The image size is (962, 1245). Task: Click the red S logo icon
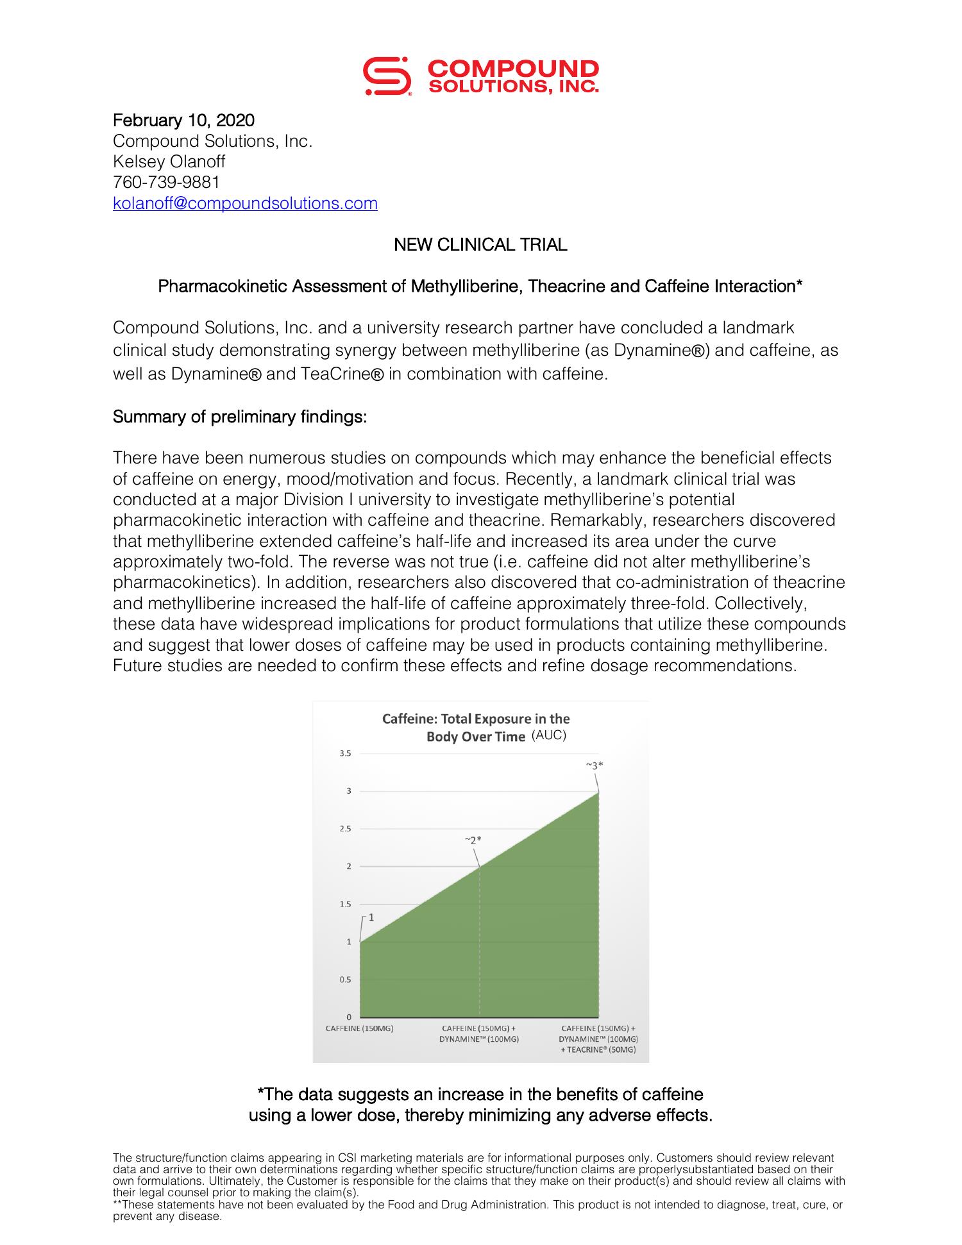coord(387,77)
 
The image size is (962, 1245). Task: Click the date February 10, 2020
coord(183,121)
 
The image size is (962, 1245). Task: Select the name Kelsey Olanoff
coord(169,162)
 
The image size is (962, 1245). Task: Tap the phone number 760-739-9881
coord(166,182)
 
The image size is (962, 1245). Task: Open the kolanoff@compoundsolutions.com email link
coord(245,203)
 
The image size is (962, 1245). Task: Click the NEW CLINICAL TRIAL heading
coord(480,245)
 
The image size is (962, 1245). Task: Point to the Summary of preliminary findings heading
coord(240,417)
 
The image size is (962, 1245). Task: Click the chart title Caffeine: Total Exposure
coord(476,719)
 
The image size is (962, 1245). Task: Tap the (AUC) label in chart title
coord(549,735)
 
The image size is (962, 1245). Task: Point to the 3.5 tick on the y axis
coord(345,753)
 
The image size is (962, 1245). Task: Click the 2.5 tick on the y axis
coord(345,829)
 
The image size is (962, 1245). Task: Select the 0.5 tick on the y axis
coord(345,980)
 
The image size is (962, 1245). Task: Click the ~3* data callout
coord(595,765)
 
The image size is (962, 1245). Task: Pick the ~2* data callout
coord(473,839)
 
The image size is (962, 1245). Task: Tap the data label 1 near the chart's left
coord(371,917)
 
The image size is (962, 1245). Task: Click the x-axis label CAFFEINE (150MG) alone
coord(359,1028)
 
